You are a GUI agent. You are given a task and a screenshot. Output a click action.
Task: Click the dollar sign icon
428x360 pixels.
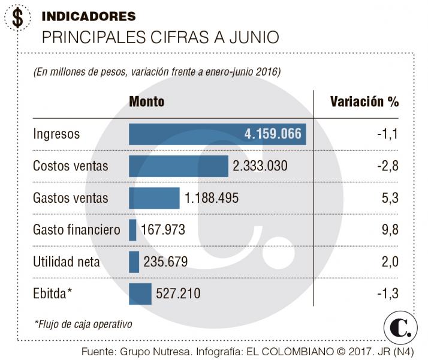tap(18, 18)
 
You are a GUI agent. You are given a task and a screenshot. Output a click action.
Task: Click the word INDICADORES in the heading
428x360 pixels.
tap(89, 16)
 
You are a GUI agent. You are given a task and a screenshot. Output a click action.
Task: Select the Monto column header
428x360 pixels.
tap(146, 101)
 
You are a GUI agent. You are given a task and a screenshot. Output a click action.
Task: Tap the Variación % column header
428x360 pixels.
tap(364, 101)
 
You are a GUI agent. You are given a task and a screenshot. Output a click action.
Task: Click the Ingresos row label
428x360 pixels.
tap(56, 134)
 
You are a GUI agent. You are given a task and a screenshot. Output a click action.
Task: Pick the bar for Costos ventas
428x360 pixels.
tap(179, 166)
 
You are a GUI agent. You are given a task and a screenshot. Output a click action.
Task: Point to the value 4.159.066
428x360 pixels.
tap(273, 134)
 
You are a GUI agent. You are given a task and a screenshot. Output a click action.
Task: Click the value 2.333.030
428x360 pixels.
tap(260, 166)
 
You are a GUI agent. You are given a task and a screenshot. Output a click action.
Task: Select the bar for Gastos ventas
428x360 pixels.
tap(154, 198)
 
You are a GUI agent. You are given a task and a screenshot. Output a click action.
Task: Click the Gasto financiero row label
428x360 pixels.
tap(77, 230)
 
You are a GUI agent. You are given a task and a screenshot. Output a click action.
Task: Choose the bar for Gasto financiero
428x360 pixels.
tap(132, 230)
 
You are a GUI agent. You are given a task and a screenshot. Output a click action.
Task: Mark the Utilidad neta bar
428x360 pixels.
tap(134, 262)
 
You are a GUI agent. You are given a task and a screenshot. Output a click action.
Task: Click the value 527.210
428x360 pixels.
tap(178, 293)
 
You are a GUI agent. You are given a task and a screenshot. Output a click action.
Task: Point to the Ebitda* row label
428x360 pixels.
tap(53, 293)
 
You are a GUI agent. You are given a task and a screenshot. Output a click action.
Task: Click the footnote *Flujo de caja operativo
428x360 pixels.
tap(83, 324)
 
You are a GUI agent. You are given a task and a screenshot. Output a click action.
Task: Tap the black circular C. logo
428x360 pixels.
tap(400, 328)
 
